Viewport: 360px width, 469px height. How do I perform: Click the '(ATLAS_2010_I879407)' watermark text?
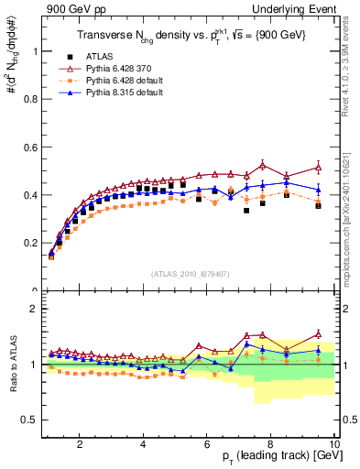pyautogui.click(x=191, y=274)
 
